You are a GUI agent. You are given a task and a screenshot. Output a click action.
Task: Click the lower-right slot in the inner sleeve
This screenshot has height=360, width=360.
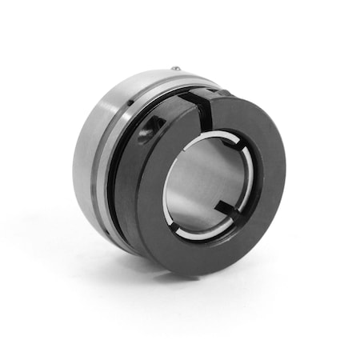[x=226, y=213]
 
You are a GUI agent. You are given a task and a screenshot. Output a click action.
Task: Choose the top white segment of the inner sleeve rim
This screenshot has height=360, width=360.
[x=204, y=138]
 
